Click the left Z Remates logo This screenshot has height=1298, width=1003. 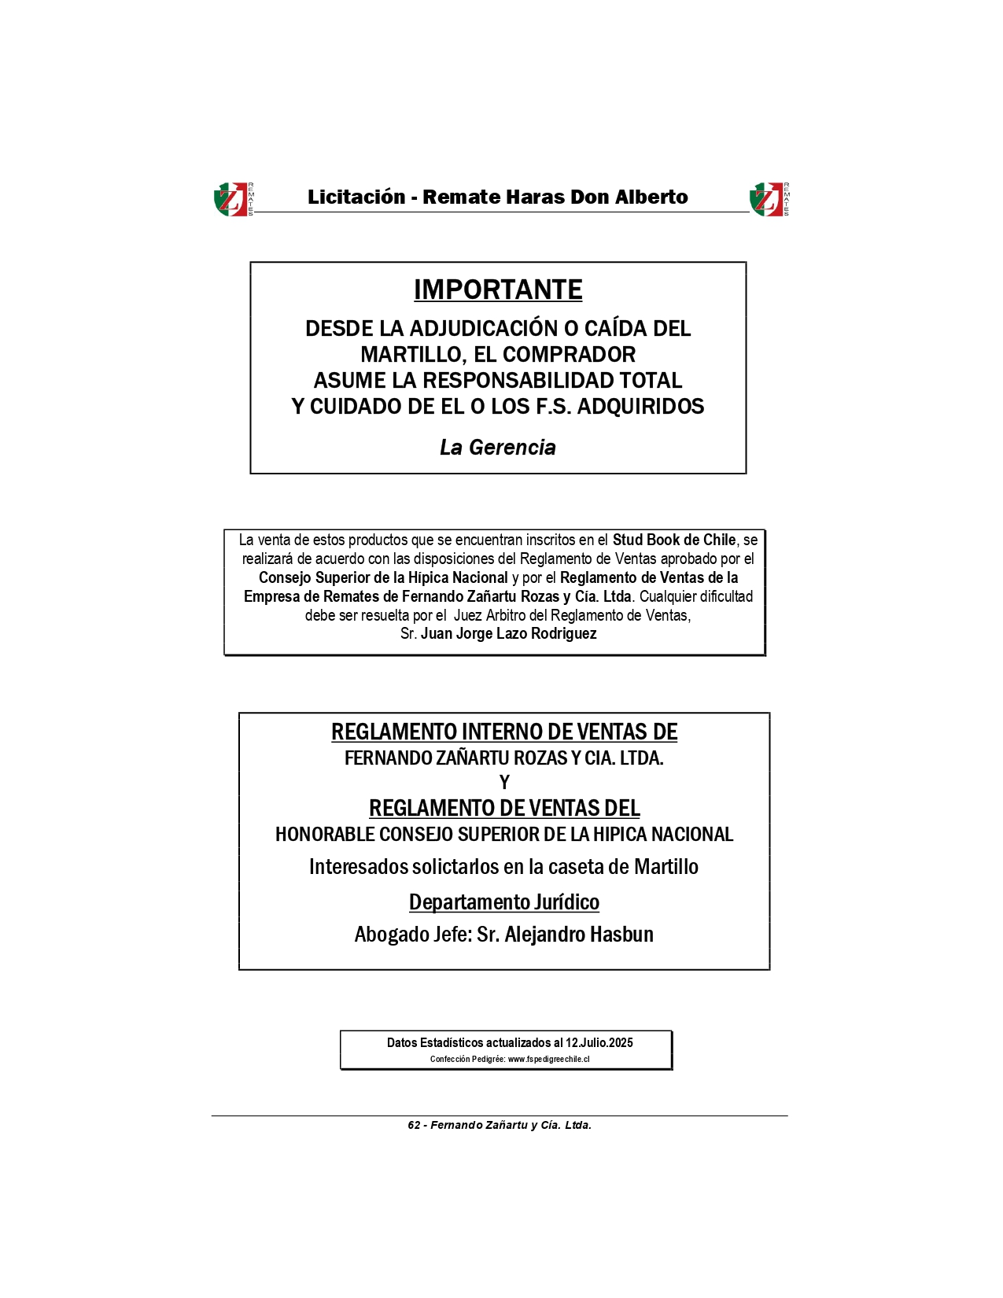click(232, 199)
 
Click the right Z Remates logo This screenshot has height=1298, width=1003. click(768, 199)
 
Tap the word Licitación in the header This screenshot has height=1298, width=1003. click(356, 197)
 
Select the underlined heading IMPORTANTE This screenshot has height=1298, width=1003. click(498, 290)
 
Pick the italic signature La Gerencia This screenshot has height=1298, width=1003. click(498, 448)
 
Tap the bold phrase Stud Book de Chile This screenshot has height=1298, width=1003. click(674, 540)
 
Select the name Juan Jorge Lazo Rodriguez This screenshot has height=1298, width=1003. click(508, 634)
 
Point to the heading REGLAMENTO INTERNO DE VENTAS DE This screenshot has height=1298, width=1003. click(504, 732)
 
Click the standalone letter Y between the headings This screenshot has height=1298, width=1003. click(504, 783)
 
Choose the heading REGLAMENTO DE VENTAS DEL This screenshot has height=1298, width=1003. click(504, 809)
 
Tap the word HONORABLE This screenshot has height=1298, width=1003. click(323, 835)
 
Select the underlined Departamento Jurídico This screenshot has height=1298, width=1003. click(504, 902)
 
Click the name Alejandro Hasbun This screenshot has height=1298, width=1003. click(579, 935)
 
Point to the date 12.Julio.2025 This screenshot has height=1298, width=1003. click(599, 1043)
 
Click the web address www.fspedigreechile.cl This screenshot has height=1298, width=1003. click(548, 1060)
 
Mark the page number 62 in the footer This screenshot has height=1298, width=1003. click(414, 1126)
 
